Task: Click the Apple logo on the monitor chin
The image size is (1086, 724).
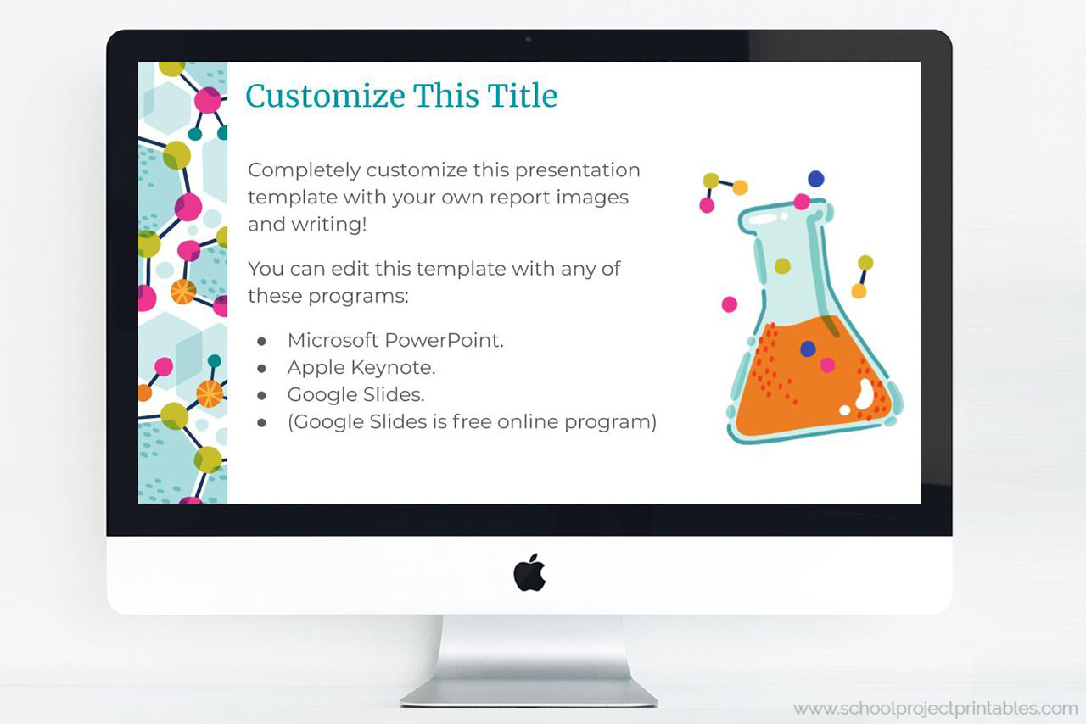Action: coord(529,572)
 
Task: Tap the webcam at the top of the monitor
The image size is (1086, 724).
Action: coord(529,39)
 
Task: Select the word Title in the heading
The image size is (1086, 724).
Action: coord(523,96)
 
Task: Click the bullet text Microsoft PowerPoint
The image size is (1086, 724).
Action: coord(395,340)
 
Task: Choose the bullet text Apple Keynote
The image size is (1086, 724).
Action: coord(361,367)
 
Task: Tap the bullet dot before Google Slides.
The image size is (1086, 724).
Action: coord(262,395)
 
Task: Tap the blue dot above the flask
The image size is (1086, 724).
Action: coord(815,179)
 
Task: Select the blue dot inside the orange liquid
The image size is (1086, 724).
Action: coord(808,348)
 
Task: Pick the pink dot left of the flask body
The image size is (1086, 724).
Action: coord(729,304)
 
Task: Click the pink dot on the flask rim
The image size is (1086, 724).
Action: coord(802,202)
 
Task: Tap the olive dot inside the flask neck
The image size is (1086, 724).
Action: coord(782,266)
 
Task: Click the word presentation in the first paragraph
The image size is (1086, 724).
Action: coord(577,170)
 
